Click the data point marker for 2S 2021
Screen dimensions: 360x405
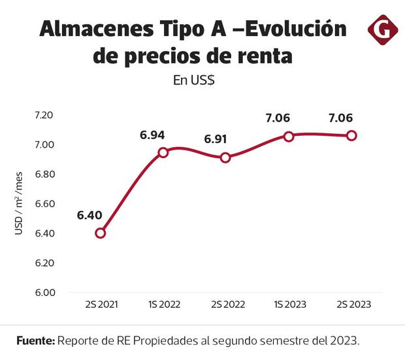[x=100, y=233]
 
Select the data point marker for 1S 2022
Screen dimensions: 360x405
[x=163, y=152]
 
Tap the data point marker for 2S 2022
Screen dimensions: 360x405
[x=225, y=157]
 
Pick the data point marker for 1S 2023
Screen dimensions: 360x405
[x=288, y=136]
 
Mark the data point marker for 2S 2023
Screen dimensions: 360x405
[x=351, y=135]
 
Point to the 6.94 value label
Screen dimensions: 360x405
[x=152, y=135]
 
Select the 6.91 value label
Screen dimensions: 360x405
[x=217, y=139]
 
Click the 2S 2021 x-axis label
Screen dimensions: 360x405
[x=101, y=305]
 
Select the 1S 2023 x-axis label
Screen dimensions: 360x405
[x=289, y=305]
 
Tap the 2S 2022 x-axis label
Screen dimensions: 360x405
[x=226, y=305]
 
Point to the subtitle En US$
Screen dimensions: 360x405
[x=194, y=81]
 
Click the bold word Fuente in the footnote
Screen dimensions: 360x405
[x=35, y=341]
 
